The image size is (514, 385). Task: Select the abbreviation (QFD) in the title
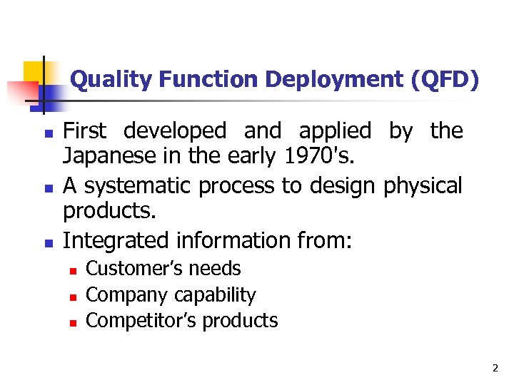coord(445,79)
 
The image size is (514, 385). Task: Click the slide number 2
coord(495,369)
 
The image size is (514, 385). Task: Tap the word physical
coord(423,186)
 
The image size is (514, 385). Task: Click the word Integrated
coord(115,240)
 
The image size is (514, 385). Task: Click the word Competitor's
coord(141,321)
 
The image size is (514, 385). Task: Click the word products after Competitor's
coord(240,321)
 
